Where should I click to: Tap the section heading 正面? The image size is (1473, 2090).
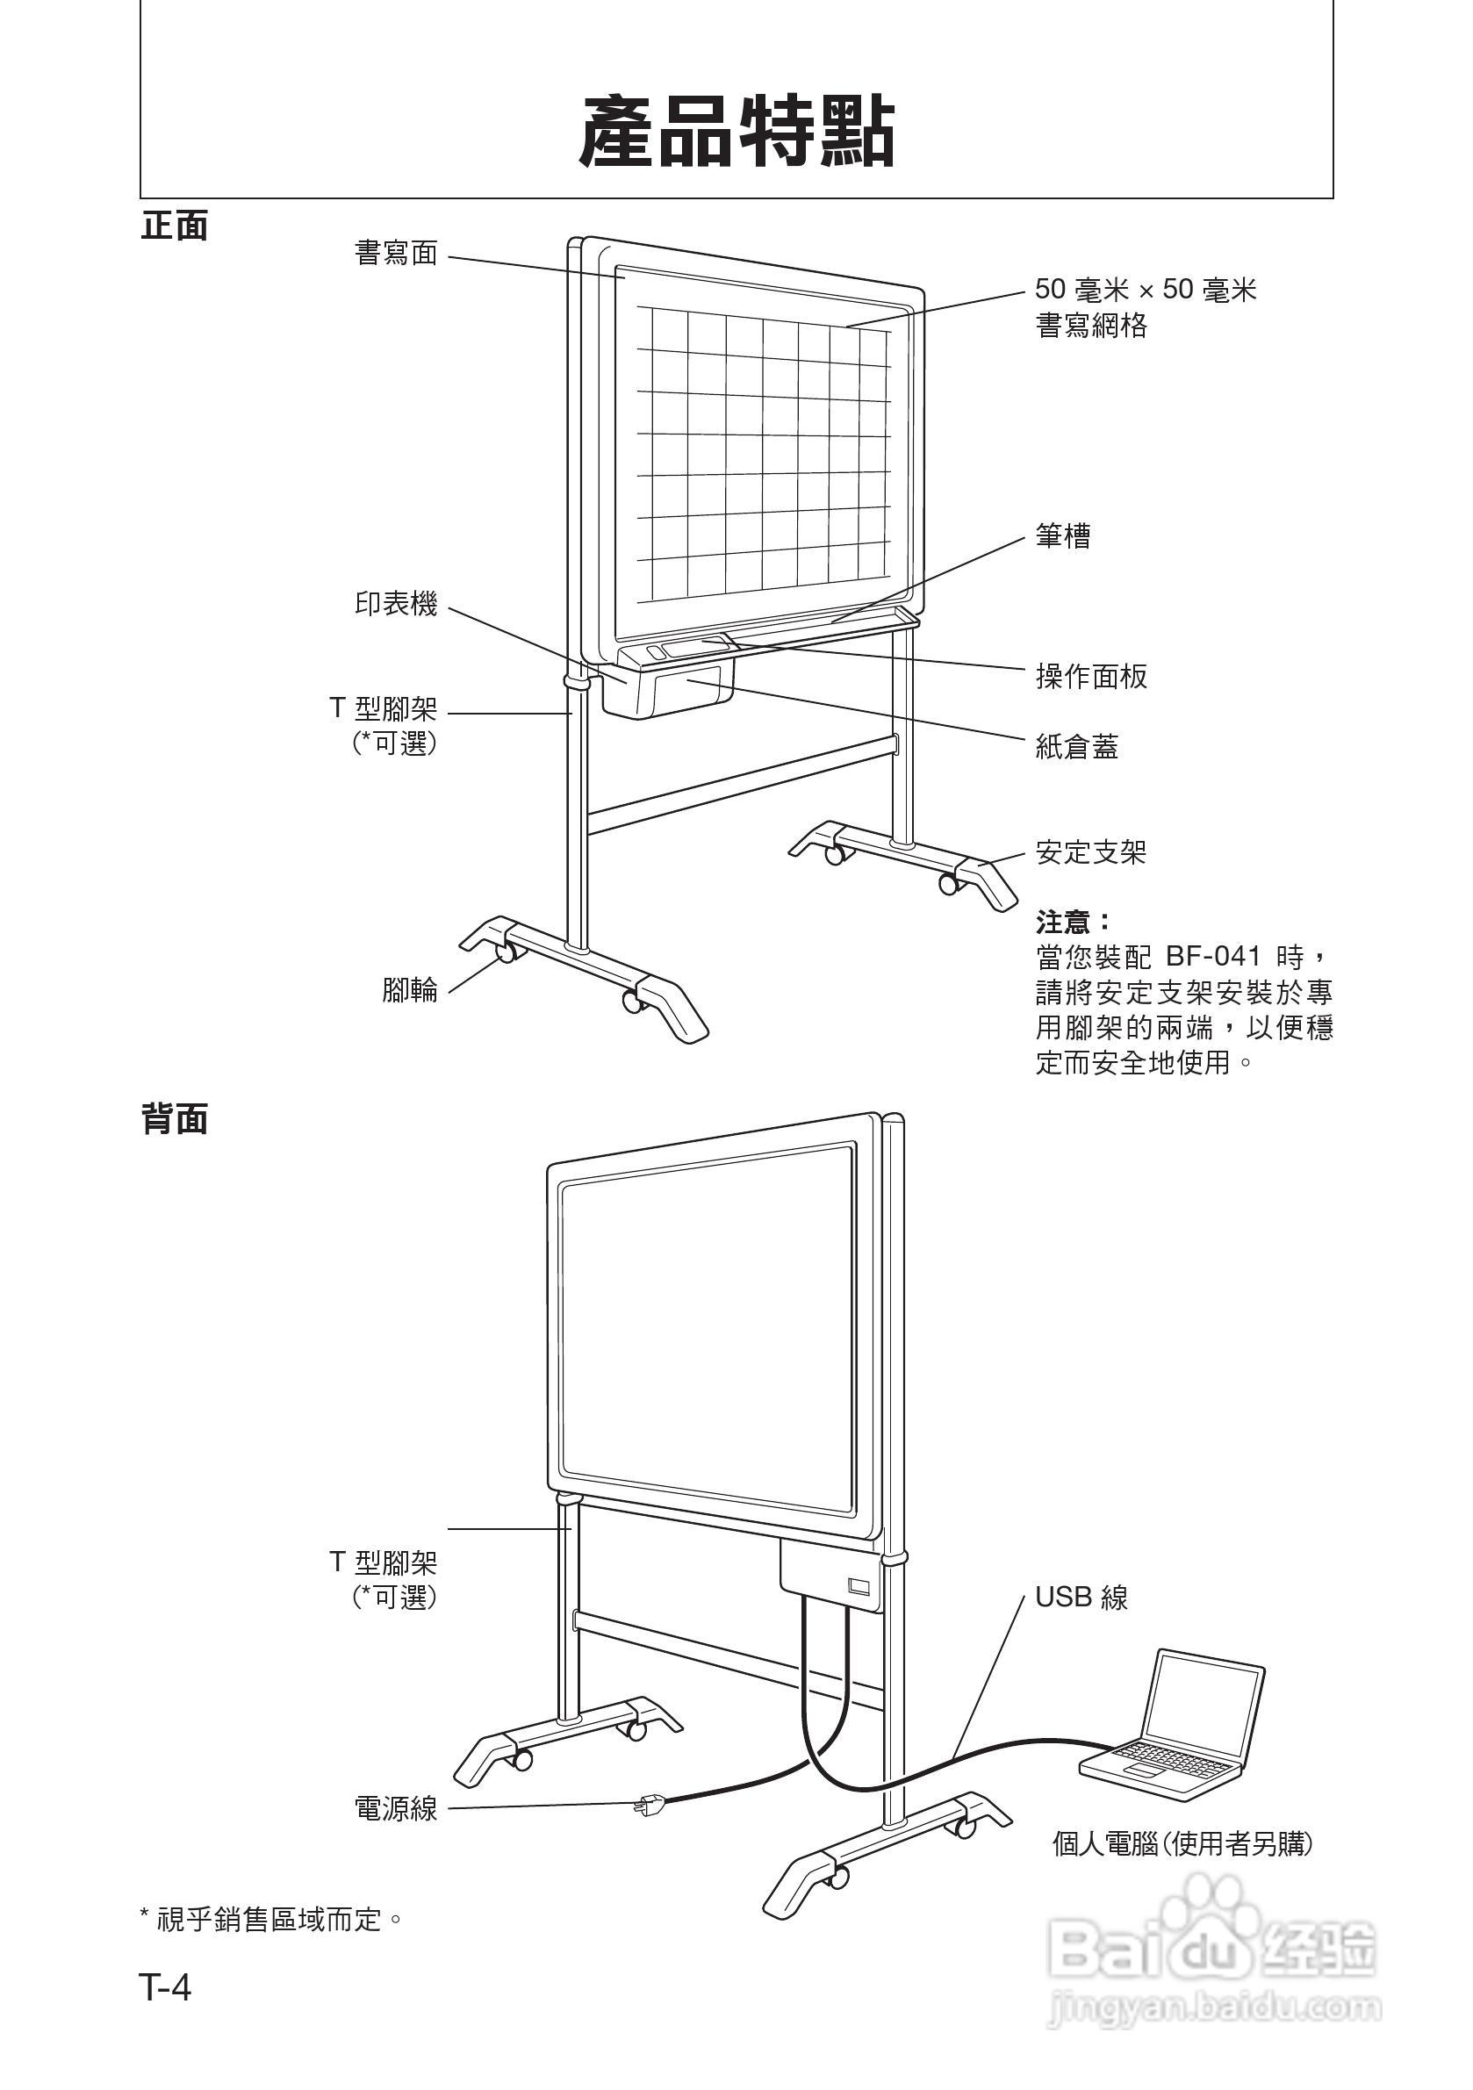pos(174,226)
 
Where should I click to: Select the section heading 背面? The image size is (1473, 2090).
pos(174,1118)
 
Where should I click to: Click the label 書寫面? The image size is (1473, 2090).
pos(396,253)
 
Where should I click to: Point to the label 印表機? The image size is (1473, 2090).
pos(396,604)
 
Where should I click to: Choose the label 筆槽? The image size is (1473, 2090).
pos(1062,535)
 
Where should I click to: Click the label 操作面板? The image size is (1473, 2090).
pos(1090,677)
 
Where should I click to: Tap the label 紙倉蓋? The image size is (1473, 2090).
pos(1077,747)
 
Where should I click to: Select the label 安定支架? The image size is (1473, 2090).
pos(1090,853)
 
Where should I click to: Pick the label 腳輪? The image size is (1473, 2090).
pos(410,989)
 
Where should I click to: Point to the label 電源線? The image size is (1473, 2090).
pos(396,1808)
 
